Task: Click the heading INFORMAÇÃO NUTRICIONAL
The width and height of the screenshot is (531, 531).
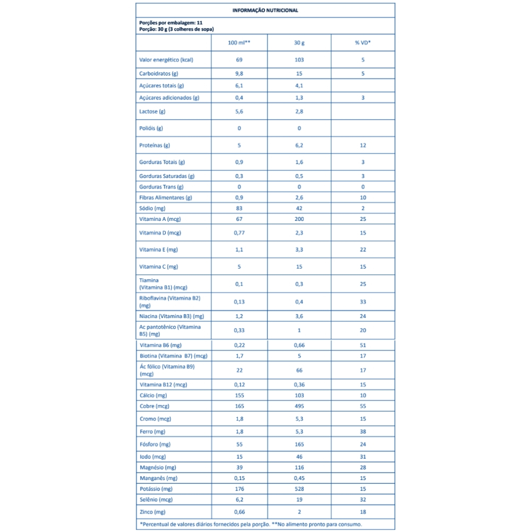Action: (x=265, y=10)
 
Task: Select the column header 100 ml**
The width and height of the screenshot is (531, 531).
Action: (x=239, y=42)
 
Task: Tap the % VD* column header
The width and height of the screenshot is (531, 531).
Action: (x=363, y=42)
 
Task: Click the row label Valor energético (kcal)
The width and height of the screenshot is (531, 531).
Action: (x=166, y=59)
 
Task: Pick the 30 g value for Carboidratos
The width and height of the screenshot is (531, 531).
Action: (x=299, y=74)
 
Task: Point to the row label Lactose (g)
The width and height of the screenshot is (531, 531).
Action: (x=152, y=112)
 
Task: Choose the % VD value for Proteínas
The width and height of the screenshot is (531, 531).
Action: (x=363, y=145)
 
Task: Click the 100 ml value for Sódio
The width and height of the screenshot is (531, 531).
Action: (x=239, y=209)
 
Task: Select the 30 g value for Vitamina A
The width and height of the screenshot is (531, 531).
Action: (x=299, y=219)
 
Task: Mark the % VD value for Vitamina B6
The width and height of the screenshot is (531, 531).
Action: (x=363, y=345)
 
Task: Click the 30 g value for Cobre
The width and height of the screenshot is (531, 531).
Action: (x=299, y=406)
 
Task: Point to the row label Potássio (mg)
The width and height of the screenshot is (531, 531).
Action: (x=157, y=489)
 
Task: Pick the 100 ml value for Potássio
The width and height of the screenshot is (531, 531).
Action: (x=239, y=489)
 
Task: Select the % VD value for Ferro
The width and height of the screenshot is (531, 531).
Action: (x=363, y=432)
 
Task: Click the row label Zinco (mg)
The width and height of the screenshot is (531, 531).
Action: (x=153, y=512)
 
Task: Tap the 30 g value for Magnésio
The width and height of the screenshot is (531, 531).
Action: (x=299, y=467)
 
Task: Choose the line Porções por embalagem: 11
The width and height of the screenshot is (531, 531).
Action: (x=171, y=23)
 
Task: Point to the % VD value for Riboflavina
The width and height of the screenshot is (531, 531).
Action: (x=363, y=302)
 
